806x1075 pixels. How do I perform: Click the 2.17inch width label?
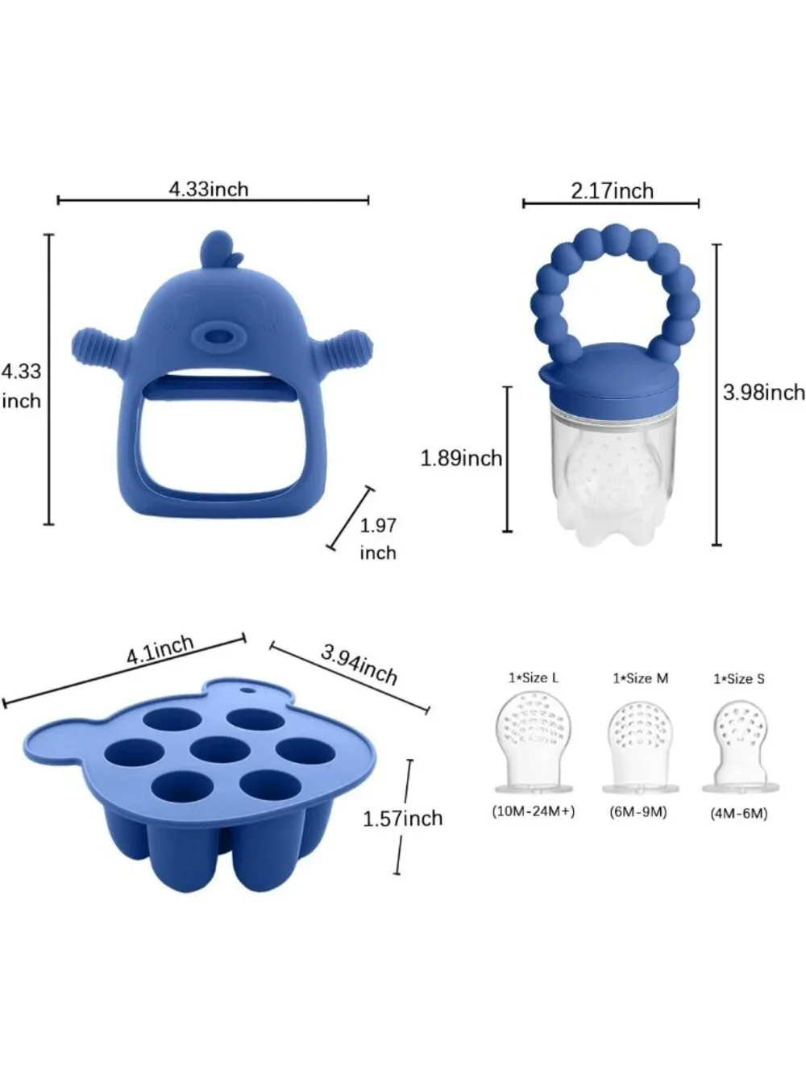click(612, 191)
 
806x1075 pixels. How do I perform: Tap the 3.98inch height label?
click(764, 392)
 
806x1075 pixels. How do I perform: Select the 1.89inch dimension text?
click(462, 458)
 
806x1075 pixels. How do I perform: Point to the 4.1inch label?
click(160, 650)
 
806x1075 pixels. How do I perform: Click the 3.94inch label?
click(359, 665)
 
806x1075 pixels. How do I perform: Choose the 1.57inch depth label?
click(402, 819)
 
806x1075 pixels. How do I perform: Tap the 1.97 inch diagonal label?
click(378, 540)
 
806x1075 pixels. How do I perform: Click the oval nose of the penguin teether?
click(218, 336)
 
